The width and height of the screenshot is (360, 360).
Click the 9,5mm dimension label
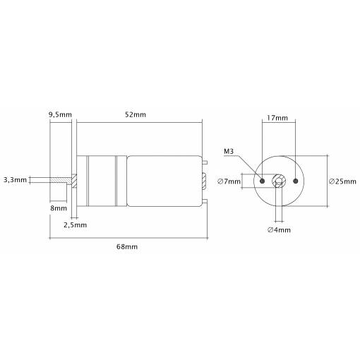click(60, 115)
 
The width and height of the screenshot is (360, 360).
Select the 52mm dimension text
click(136, 114)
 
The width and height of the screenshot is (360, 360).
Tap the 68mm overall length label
click(127, 247)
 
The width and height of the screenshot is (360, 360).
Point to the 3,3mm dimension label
click(15, 180)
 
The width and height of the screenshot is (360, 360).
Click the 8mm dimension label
click(59, 208)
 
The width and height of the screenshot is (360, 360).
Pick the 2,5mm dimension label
click(76, 225)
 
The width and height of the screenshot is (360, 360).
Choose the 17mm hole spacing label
click(277, 118)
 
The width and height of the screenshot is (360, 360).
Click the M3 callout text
click(229, 151)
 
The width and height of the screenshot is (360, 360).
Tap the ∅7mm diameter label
click(229, 181)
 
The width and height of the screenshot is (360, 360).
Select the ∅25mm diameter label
click(342, 181)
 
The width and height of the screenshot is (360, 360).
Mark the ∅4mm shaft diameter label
click(280, 229)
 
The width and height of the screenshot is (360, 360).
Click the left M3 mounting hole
click(263, 181)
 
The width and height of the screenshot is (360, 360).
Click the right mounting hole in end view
click(296, 181)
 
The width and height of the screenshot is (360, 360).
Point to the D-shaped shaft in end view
click(279, 181)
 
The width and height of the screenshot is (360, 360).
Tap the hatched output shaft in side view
click(60, 180)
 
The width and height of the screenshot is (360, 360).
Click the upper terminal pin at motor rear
click(205, 162)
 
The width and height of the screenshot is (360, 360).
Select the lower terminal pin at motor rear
click(205, 201)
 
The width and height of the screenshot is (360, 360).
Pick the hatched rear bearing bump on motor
click(204, 181)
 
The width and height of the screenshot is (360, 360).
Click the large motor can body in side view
click(164, 181)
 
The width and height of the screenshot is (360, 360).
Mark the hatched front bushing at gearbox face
click(74, 181)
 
